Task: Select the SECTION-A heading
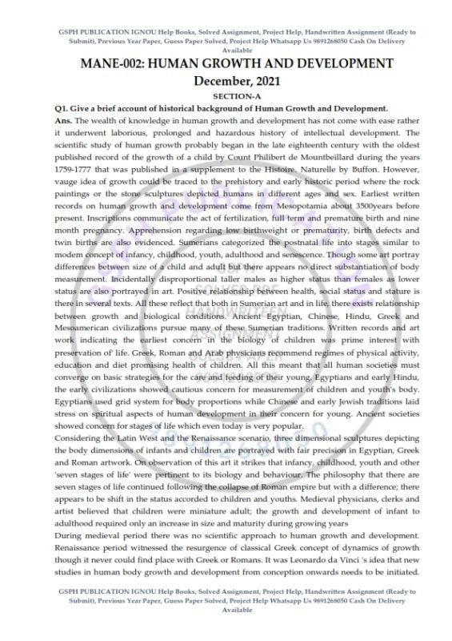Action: point(226,96)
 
